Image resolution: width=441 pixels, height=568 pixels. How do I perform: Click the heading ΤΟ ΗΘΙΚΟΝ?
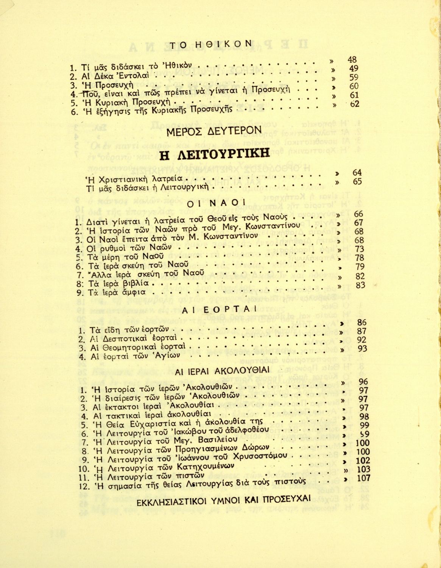[x=210, y=44]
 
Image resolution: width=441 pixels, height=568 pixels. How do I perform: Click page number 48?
[x=352, y=60]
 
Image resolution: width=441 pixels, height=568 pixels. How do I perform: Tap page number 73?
[x=359, y=249]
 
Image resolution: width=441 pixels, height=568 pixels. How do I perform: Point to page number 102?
[x=363, y=460]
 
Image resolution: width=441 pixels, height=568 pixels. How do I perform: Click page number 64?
[x=357, y=173]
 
